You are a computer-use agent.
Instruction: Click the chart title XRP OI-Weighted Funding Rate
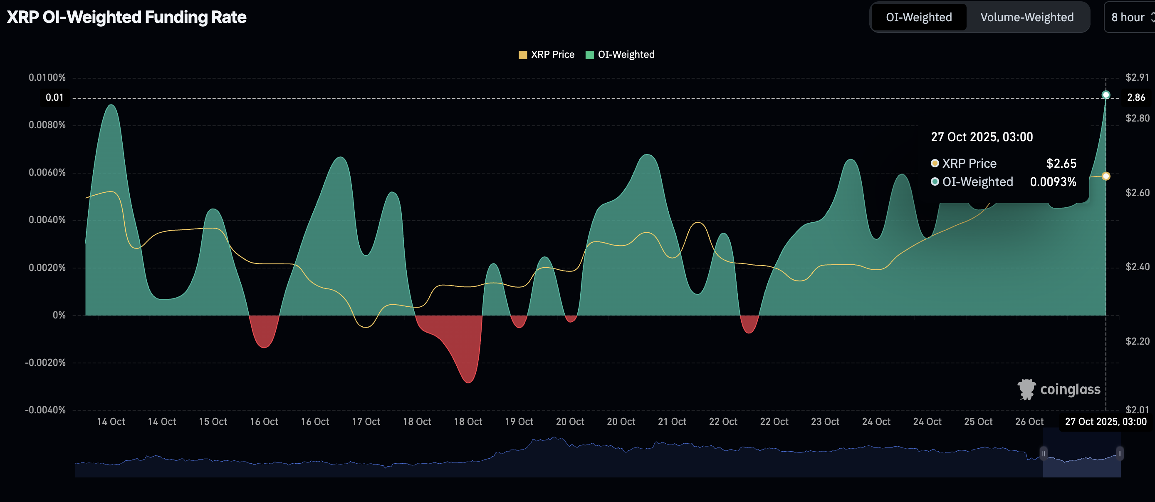point(126,17)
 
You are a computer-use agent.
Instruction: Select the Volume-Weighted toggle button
point(1027,17)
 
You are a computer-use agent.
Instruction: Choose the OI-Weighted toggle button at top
point(919,17)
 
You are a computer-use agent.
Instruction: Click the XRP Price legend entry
point(547,54)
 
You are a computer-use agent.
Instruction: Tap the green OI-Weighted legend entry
point(620,54)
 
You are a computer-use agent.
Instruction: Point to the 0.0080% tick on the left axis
point(47,125)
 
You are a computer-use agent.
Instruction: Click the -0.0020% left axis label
point(45,363)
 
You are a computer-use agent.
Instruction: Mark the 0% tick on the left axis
point(59,315)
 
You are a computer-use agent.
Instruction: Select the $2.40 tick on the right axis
point(1138,267)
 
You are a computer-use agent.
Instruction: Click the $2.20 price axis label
point(1138,341)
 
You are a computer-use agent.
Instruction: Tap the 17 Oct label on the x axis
point(366,422)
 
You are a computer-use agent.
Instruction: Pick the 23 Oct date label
point(825,422)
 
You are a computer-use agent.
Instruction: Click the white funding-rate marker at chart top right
point(1106,94)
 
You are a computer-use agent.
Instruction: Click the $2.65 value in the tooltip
point(1061,163)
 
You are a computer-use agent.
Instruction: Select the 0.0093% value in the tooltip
point(1053,181)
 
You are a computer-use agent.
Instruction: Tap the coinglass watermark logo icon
point(1026,389)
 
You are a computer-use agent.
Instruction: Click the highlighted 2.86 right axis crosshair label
point(1136,97)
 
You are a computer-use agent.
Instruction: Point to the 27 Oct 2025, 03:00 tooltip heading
point(982,137)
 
